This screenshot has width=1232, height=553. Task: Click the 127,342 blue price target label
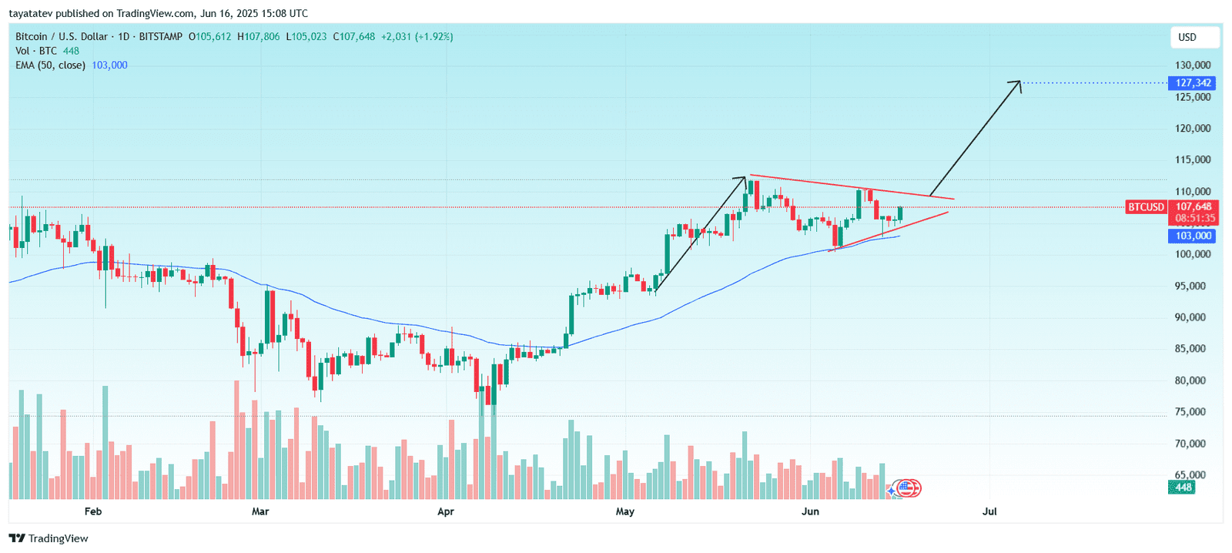1193,83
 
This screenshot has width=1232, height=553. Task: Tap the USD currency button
1187,37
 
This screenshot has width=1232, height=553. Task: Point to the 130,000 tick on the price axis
1193,65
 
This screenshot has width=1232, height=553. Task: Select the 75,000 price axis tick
1193,412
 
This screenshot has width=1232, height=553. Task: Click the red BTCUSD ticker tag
1146,207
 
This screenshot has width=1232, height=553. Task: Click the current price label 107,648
1193,206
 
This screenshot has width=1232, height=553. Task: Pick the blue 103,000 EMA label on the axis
1193,236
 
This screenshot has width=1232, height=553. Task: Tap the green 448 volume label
1183,487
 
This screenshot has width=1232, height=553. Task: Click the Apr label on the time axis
446,511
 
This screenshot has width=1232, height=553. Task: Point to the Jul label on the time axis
989,511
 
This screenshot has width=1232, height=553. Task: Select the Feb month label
93,511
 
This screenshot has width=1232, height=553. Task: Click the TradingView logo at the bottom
49,538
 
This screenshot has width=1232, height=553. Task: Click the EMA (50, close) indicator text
50,65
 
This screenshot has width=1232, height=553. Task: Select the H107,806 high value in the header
259,36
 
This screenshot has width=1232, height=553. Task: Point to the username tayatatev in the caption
31,13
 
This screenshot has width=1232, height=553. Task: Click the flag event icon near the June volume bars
907,488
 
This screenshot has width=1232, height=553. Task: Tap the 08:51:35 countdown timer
1193,218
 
